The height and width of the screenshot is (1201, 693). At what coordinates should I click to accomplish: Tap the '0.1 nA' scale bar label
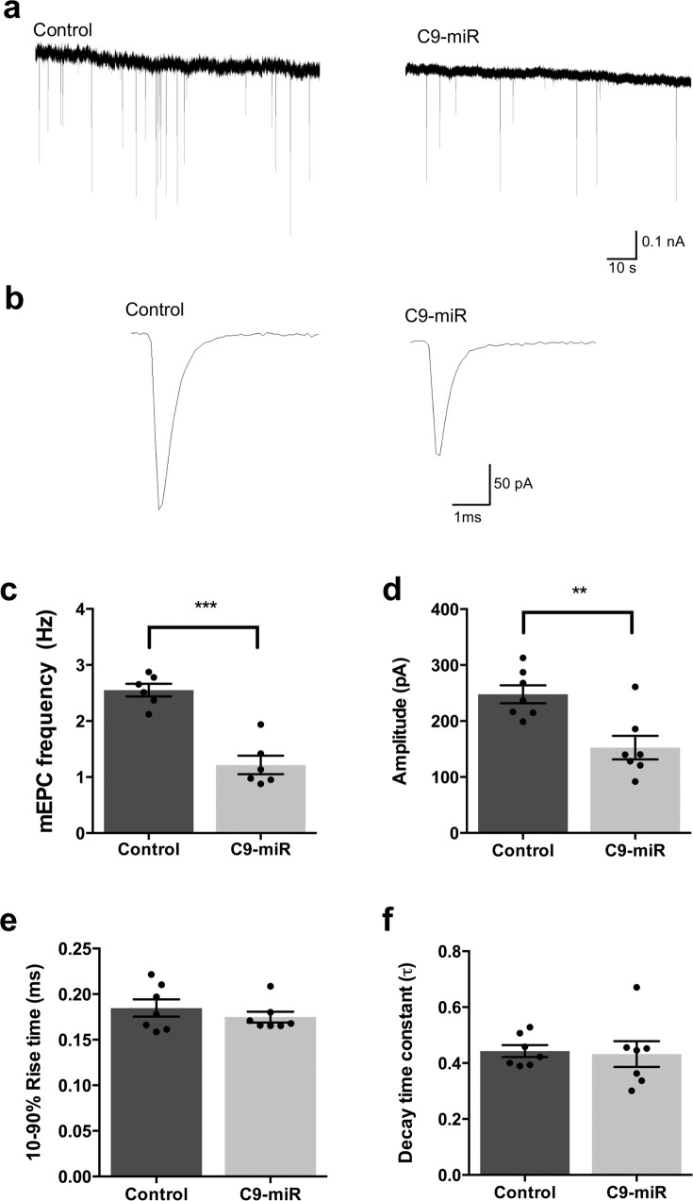[665, 242]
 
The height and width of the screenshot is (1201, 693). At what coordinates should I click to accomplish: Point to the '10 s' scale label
[621, 269]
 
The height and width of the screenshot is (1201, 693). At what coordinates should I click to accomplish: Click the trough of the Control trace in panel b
[160, 509]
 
